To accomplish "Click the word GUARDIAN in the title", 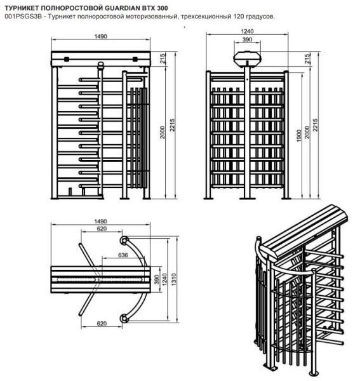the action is click(x=121, y=8).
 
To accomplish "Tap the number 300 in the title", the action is click(x=163, y=8).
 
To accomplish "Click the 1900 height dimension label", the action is click(x=299, y=136).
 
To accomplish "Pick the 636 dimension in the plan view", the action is click(x=123, y=255).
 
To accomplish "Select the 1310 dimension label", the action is click(x=173, y=279).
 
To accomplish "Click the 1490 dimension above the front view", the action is click(x=100, y=36).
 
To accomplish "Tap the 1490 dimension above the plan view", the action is click(x=100, y=222).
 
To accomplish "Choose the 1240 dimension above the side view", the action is click(x=247, y=31).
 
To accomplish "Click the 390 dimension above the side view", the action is click(x=247, y=39).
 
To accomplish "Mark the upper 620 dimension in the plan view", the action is click(x=102, y=229).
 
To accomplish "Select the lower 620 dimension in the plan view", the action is click(x=102, y=324).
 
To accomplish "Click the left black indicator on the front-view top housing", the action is click(x=66, y=59).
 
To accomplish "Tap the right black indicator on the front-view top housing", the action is click(x=135, y=59).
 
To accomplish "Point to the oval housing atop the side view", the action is click(x=247, y=58).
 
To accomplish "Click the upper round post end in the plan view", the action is click(x=124, y=241).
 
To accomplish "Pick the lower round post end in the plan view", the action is click(x=124, y=318).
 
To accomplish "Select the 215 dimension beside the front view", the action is click(x=163, y=58).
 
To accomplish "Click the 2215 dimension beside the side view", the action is click(x=315, y=125).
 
